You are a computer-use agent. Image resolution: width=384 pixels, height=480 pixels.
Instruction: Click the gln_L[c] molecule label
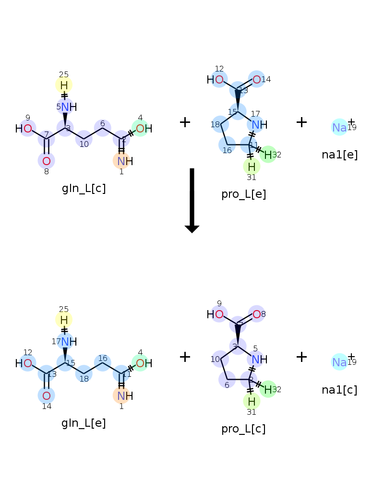[x=84, y=189]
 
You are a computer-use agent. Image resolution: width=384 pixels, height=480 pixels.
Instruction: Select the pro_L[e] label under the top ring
[x=243, y=194]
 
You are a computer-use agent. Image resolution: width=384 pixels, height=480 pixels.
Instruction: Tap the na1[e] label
[x=339, y=155]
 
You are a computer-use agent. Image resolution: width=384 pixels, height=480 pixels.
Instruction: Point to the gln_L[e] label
[x=84, y=423]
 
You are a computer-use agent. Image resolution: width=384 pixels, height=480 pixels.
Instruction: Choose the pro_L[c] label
[x=243, y=429]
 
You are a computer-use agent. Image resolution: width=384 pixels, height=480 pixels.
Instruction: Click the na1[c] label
[x=339, y=390]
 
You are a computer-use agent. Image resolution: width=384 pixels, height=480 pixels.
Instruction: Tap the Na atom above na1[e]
[x=339, y=127]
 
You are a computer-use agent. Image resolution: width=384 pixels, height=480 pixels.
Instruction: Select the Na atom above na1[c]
[x=339, y=362]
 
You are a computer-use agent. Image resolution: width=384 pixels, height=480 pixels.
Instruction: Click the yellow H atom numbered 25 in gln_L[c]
[x=64, y=85]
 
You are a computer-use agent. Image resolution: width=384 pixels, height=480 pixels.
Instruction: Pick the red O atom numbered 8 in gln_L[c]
[x=47, y=161]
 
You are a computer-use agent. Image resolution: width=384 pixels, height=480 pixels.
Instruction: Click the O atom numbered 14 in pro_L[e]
[x=257, y=80]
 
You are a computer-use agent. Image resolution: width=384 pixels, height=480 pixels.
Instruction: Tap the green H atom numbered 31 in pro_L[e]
[x=252, y=167]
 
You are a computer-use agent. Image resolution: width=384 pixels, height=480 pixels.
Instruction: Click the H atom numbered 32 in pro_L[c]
[x=268, y=389]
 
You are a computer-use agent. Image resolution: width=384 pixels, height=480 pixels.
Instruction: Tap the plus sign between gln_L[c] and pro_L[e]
[x=185, y=122]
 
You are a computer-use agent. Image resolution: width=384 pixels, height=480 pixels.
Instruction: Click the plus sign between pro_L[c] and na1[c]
[x=301, y=357]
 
